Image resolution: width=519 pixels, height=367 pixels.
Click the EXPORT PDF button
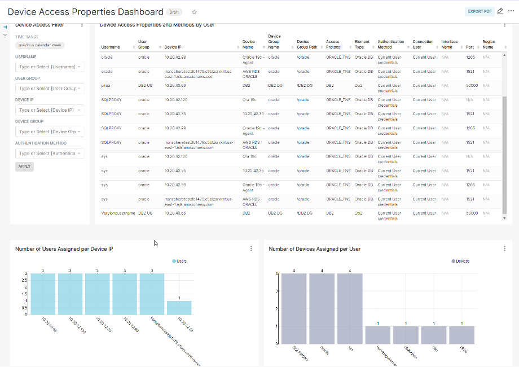[480, 11]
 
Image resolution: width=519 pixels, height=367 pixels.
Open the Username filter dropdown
[50, 67]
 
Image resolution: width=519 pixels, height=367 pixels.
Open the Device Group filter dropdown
[50, 132]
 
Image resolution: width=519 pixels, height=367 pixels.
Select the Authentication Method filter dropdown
[50, 153]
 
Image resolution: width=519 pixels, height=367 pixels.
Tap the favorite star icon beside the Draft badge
[195, 12]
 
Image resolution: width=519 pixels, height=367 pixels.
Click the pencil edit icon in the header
[500, 11]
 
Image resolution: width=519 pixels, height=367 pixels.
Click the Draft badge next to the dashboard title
[175, 12]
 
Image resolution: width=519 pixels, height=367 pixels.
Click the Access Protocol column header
[333, 44]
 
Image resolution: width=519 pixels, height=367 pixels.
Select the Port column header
[470, 47]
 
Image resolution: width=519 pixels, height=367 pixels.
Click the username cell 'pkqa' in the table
[106, 86]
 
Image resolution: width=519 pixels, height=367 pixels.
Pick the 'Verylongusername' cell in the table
[118, 213]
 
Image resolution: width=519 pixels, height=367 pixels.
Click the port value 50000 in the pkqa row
[472, 86]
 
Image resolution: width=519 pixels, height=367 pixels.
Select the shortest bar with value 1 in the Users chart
[179, 307]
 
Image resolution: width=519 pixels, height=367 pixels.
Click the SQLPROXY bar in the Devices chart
[294, 308]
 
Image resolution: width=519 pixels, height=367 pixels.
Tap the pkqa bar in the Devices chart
[461, 335]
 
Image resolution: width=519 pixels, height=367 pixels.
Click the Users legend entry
[180, 261]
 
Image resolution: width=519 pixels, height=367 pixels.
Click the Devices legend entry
[460, 261]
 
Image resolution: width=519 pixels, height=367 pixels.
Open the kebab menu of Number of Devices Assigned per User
[504, 248]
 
